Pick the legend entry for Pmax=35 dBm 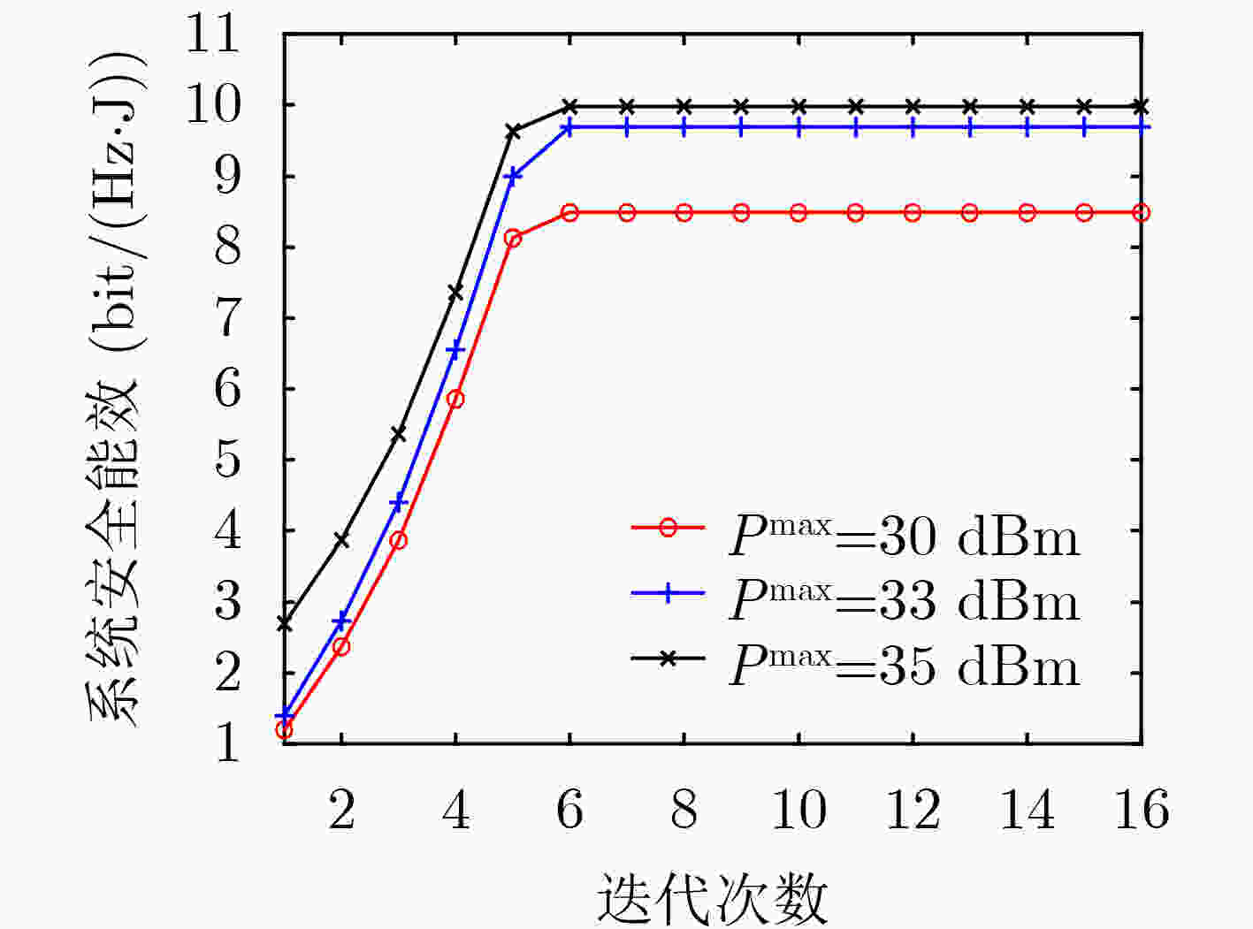click(855, 666)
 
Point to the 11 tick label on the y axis click(212, 35)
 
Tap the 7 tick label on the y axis click(227, 318)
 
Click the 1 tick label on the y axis click(227, 743)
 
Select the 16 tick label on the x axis click(1142, 810)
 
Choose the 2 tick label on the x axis click(342, 810)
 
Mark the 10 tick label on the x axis click(798, 810)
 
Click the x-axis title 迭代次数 click(713, 898)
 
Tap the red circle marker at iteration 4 click(455, 400)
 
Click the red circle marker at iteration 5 click(513, 239)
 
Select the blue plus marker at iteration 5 click(512, 176)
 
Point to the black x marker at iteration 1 click(284, 624)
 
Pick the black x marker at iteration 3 click(398, 434)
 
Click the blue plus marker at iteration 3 click(398, 501)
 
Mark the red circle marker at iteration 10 click(798, 213)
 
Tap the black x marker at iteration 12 click(913, 106)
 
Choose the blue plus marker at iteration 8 click(684, 127)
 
